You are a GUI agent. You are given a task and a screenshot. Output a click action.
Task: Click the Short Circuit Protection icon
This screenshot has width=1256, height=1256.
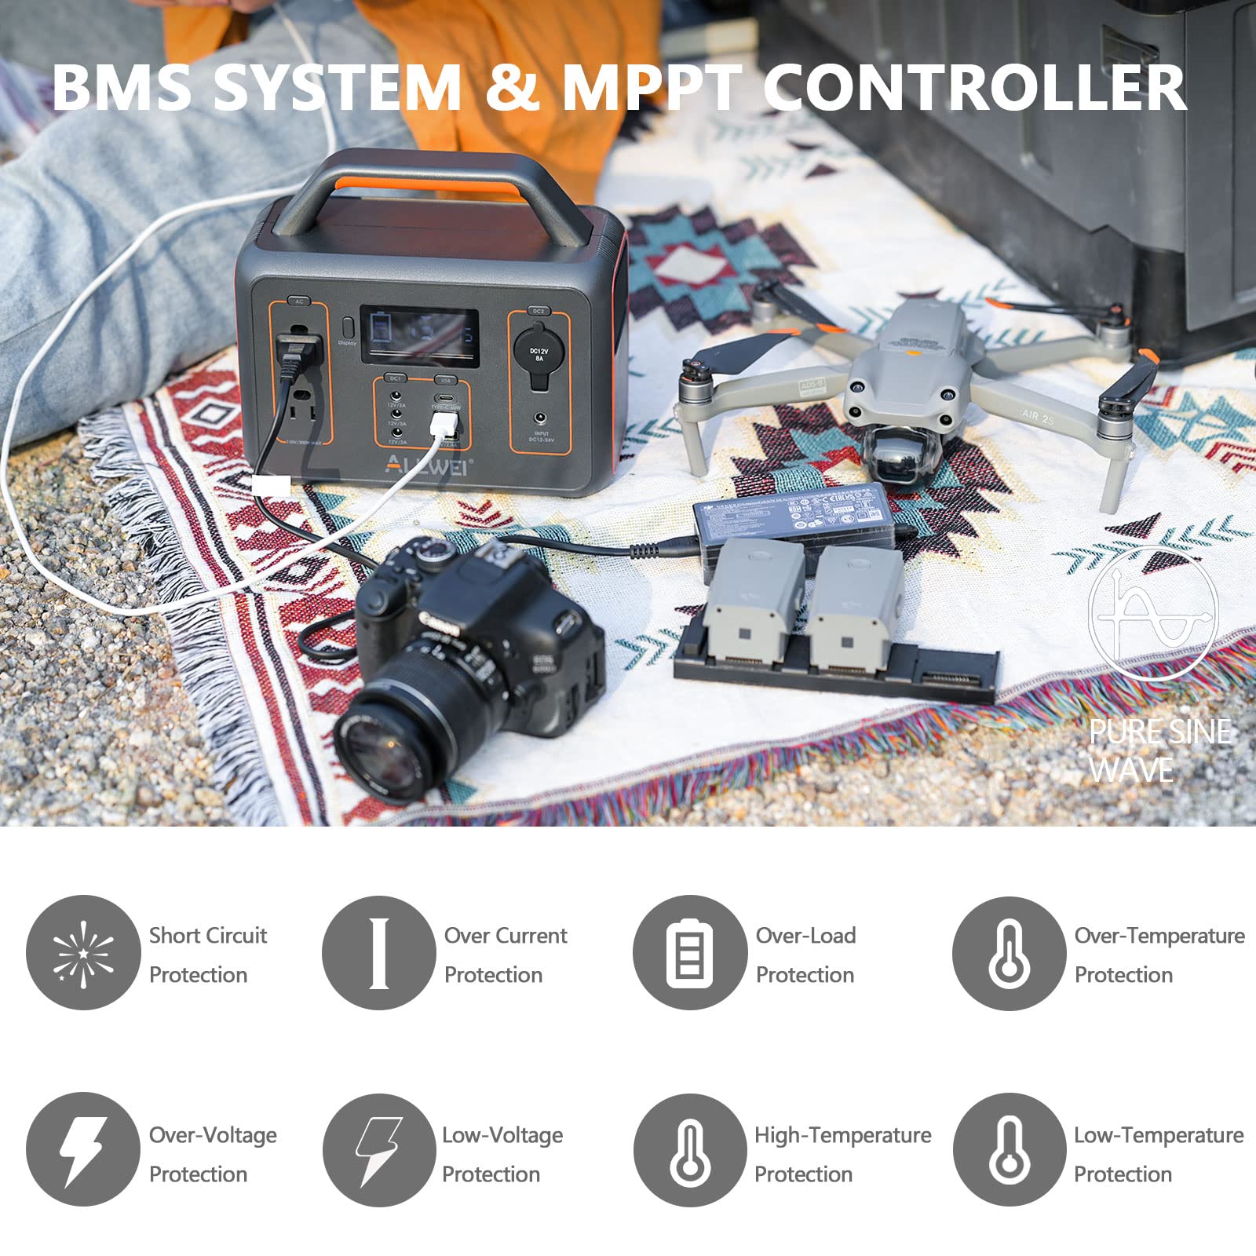pos(83,952)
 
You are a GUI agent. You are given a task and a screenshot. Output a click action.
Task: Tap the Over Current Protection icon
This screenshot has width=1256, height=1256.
pos(379,952)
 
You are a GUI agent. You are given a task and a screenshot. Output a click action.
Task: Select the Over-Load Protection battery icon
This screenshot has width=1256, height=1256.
pos(690,952)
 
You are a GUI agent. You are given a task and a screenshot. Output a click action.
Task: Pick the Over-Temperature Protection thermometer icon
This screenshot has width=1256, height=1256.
pos(1010,953)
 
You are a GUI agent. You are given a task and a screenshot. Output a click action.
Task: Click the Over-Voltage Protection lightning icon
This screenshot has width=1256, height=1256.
pos(83,1150)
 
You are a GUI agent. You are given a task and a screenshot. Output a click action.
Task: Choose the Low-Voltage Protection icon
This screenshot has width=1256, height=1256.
pos(379,1151)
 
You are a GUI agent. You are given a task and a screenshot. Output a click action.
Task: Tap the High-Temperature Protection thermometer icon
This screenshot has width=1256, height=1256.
pos(690,1151)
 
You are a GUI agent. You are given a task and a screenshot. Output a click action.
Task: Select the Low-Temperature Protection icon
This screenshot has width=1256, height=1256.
pos(1010,1151)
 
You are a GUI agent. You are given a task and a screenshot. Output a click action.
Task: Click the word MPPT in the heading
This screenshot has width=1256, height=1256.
pos(652,87)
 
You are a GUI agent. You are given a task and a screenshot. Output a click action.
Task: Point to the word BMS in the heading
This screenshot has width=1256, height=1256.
pos(122,87)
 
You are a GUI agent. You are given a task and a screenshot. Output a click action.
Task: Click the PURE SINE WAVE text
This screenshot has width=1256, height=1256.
pos(1159,750)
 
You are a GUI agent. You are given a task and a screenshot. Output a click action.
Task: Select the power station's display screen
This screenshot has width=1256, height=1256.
pos(419,334)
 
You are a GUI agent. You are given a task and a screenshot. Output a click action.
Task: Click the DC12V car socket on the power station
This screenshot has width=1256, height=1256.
pos(539,353)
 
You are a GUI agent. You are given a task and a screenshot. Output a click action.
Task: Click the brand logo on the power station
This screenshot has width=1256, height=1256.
pos(428,465)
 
